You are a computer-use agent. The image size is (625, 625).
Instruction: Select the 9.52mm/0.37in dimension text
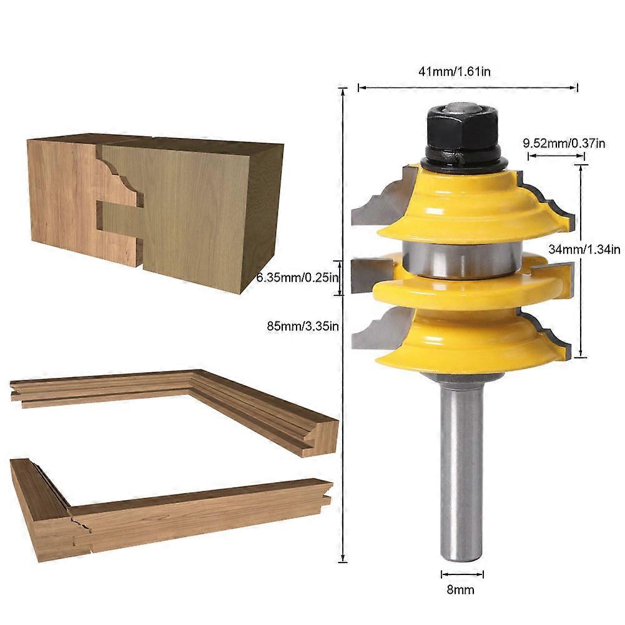tap(564, 144)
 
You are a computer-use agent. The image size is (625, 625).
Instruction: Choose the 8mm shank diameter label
tap(462, 589)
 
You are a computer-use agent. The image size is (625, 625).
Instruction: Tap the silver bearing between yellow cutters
tap(460, 259)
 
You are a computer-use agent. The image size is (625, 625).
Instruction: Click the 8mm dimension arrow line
tap(462, 574)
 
